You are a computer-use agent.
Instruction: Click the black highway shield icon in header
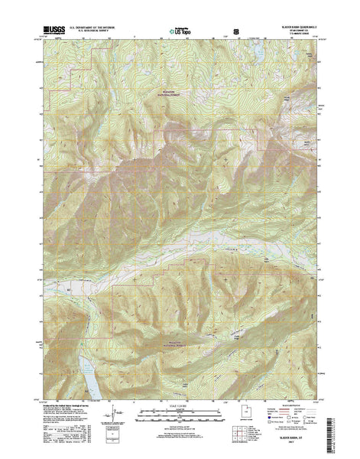click(x=225, y=31)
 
